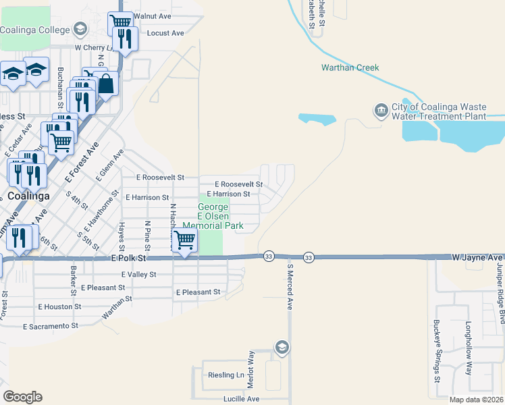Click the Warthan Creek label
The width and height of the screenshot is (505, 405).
(350, 67)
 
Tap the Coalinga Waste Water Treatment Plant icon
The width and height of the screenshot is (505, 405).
(381, 110)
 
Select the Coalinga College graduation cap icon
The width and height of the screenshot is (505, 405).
(80, 29)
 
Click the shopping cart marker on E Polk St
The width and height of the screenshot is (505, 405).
(184, 240)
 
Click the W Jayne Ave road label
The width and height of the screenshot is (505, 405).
(477, 257)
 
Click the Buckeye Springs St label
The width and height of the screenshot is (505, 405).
(437, 358)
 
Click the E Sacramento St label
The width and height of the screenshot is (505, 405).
(51, 326)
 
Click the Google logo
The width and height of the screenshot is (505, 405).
(22, 396)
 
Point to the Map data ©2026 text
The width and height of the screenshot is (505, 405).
(477, 400)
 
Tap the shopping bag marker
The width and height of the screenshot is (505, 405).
(106, 84)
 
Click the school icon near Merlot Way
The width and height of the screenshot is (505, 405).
(282, 348)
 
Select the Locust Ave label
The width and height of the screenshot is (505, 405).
(165, 32)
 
